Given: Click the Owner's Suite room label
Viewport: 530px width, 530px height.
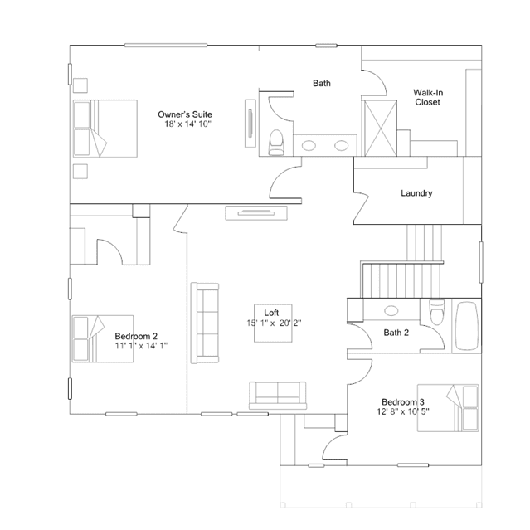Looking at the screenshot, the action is tap(185, 114).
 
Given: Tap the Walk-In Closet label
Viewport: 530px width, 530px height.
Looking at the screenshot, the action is tap(428, 97).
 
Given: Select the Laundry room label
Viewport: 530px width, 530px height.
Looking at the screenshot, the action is tap(416, 193).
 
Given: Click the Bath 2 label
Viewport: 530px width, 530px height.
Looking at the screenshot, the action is tap(396, 333).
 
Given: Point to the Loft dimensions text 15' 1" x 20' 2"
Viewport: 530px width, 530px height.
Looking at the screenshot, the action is tap(274, 323).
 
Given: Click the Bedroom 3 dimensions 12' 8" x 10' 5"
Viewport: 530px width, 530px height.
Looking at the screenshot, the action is tap(403, 411).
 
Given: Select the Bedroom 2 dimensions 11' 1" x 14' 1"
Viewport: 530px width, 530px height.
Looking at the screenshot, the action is tap(141, 345).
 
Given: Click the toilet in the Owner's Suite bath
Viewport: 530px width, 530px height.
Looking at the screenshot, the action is tap(276, 143).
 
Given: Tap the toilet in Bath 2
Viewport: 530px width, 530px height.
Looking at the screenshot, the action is tap(437, 312).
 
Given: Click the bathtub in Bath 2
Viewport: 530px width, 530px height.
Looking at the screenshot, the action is tap(466, 326).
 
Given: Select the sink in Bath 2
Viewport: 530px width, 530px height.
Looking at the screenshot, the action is tap(391, 310).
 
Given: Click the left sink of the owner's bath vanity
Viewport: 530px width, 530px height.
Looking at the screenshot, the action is tap(309, 146).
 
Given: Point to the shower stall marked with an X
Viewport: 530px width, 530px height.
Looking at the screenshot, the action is tap(379, 128).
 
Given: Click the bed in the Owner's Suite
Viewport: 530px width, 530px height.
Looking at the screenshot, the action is tap(105, 129).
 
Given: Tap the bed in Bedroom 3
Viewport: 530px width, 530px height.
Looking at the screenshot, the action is tap(448, 408).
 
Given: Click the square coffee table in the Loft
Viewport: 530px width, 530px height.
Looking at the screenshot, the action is tap(273, 323).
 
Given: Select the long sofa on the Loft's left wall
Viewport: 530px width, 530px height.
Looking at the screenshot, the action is tap(205, 323).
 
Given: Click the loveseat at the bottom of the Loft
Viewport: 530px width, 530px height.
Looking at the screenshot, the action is tap(278, 396).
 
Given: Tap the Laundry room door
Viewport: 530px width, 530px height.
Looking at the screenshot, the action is tap(361, 207).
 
